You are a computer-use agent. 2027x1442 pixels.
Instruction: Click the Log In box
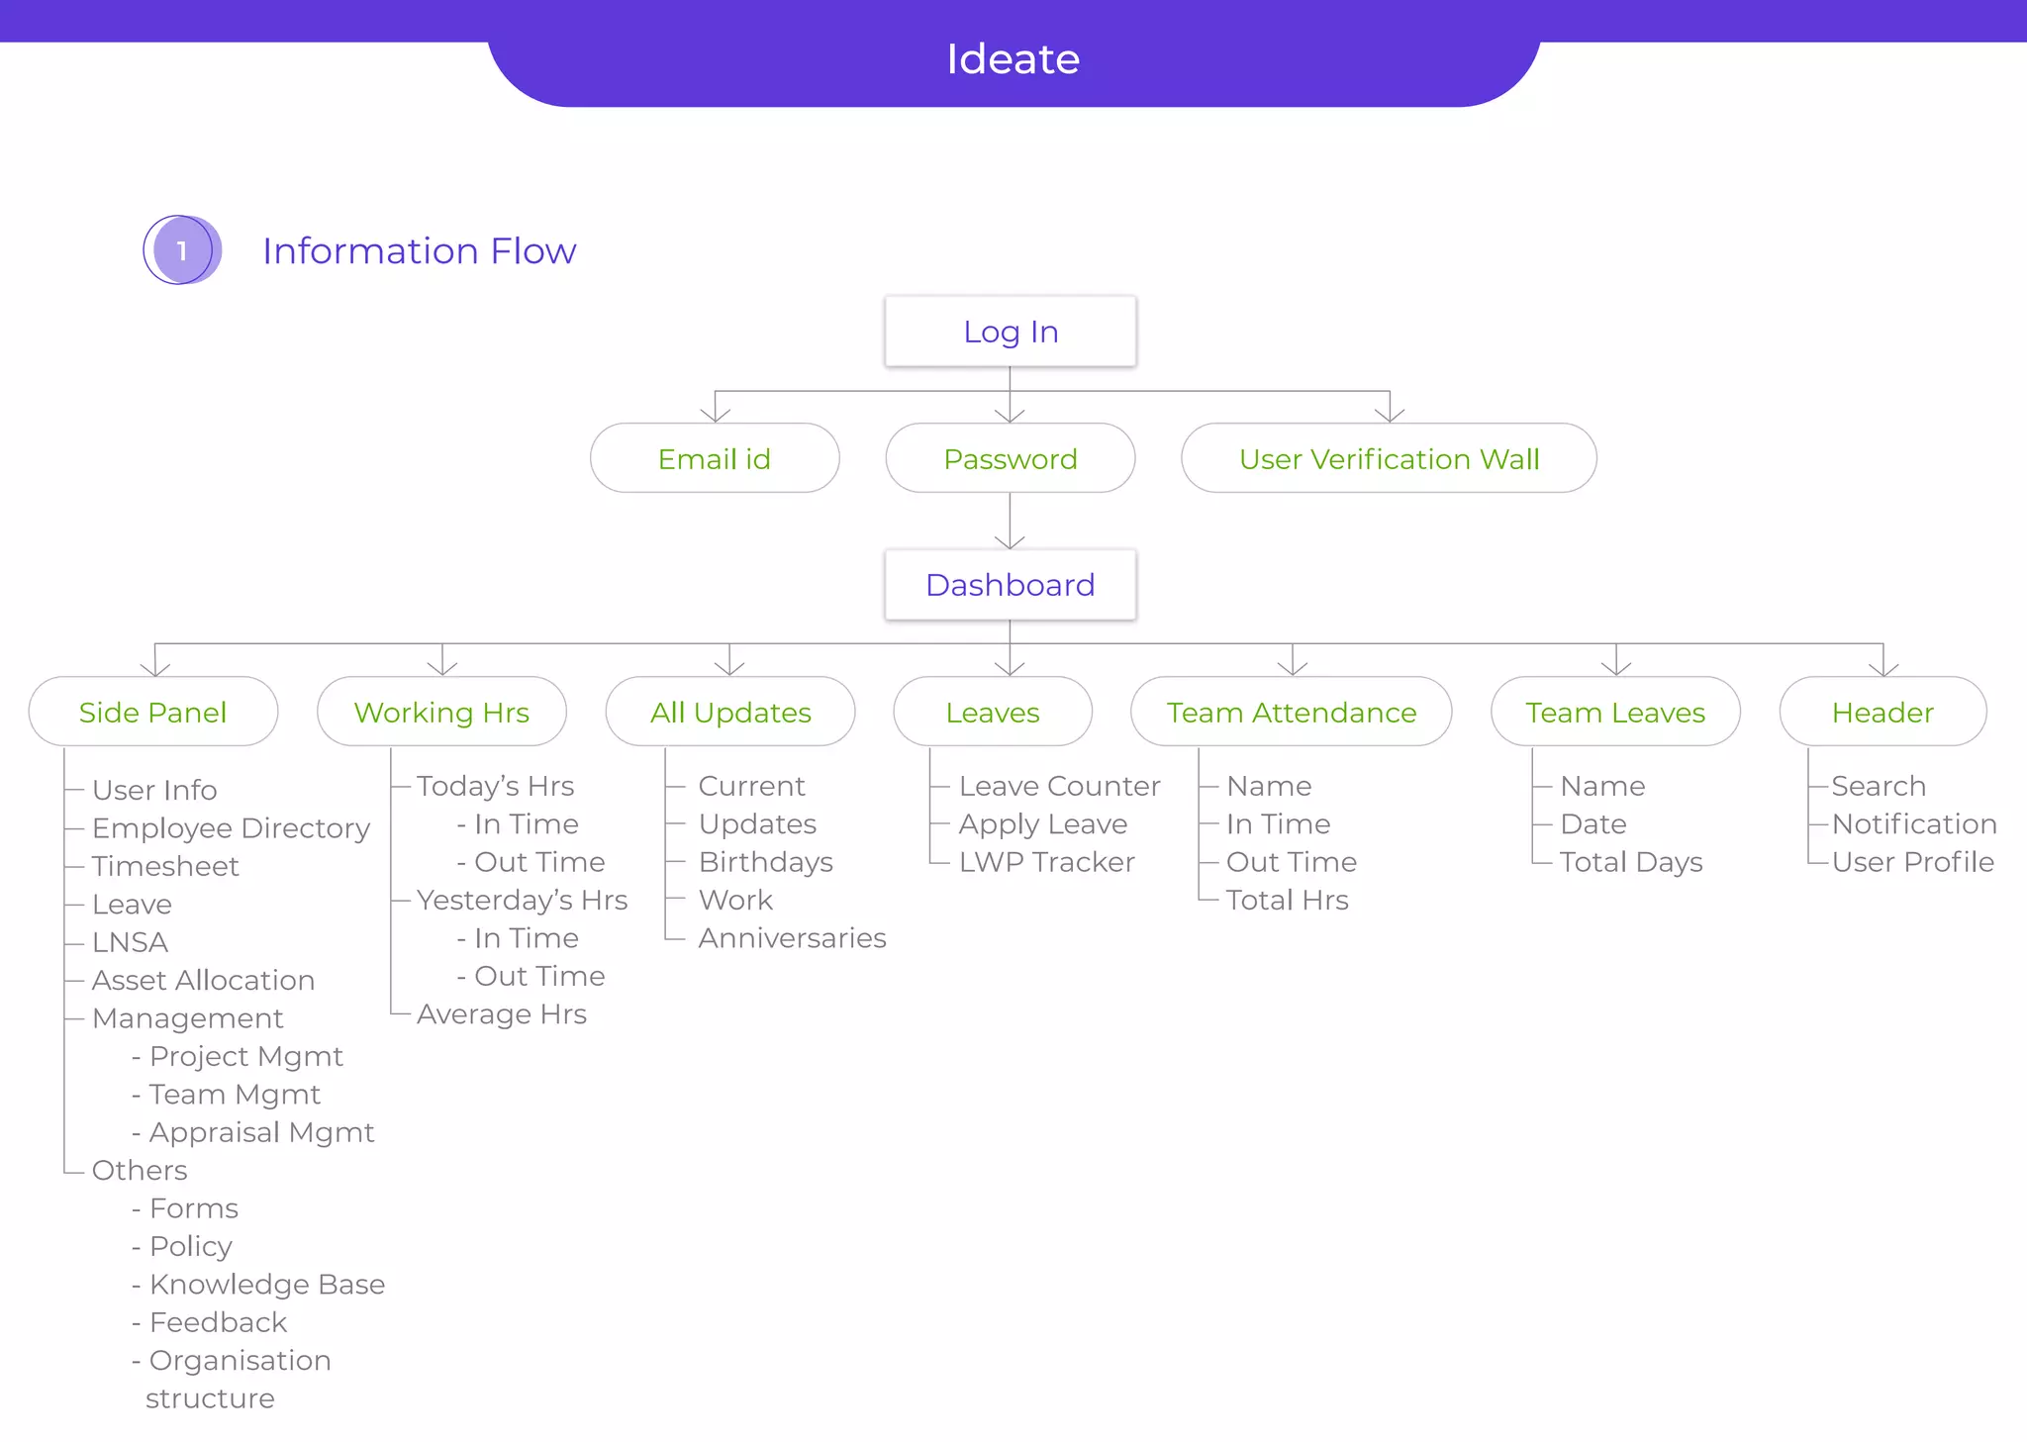click(x=1010, y=332)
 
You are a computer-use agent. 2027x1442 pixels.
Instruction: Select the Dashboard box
click(x=1010, y=585)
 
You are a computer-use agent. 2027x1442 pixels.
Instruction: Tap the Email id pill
click(x=714, y=458)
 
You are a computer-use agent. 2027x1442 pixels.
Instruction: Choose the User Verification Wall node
click(x=1389, y=458)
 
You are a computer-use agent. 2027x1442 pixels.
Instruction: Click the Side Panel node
click(x=152, y=712)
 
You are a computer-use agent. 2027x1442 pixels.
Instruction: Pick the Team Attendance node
click(x=1291, y=712)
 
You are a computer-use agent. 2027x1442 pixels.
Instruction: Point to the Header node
click(x=1882, y=712)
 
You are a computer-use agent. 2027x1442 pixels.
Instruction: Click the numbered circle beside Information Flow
click(x=181, y=250)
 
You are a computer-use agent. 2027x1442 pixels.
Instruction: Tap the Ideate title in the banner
click(x=1013, y=59)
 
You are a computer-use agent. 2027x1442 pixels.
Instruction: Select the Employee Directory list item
click(x=231, y=827)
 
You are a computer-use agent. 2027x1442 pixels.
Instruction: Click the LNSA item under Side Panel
click(x=130, y=942)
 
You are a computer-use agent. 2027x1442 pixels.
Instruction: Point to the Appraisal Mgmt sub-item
click(x=261, y=1132)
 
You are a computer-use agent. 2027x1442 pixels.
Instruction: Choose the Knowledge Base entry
click(x=266, y=1285)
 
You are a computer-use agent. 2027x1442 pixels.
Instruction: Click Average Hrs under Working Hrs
click(x=501, y=1014)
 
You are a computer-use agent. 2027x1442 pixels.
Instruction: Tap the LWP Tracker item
click(x=1046, y=862)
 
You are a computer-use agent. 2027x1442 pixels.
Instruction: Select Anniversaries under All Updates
click(x=792, y=938)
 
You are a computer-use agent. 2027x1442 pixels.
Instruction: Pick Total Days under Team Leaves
click(x=1631, y=862)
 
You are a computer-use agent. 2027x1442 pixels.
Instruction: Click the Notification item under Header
click(x=1913, y=824)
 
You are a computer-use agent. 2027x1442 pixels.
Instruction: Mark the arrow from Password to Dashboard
click(x=1010, y=522)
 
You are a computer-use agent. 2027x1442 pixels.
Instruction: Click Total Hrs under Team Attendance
click(x=1287, y=901)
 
